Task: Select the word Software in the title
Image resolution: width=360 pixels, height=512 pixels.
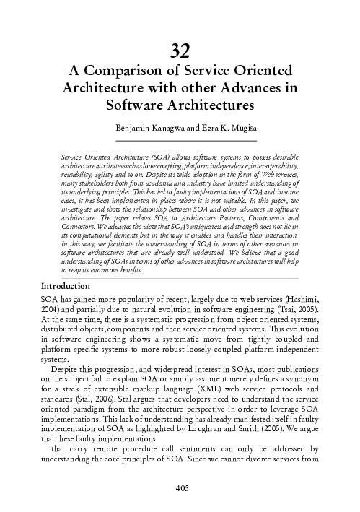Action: point(137,106)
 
